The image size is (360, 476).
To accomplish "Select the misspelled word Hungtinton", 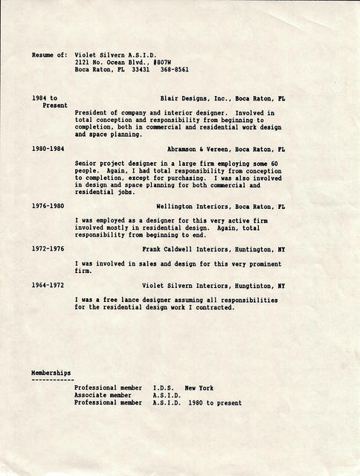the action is click(253, 285).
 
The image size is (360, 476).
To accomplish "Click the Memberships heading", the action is click(51, 372).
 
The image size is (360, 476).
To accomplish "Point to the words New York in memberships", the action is click(199, 388).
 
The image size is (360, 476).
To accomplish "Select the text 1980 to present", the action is click(215, 402).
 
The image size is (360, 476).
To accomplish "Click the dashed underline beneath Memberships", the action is click(51, 379).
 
